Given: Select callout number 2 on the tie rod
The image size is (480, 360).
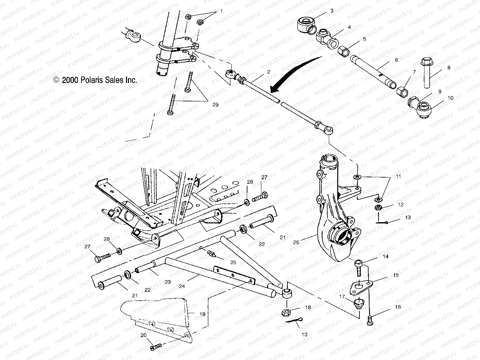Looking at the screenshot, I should [268, 72].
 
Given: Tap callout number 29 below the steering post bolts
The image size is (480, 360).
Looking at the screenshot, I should [215, 105].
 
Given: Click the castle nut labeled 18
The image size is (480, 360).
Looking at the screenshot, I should [287, 312].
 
